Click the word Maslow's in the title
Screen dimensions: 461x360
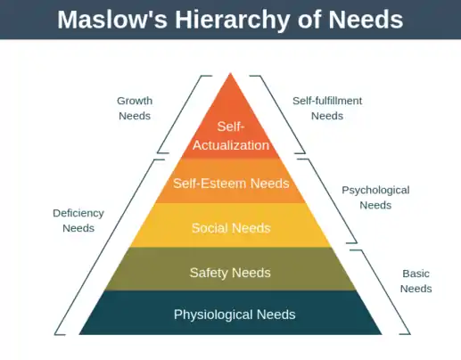point(112,20)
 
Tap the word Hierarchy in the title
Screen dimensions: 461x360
point(232,20)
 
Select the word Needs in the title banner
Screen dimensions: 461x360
point(366,20)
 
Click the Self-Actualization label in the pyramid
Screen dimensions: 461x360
point(231,135)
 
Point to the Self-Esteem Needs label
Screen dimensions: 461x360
point(231,184)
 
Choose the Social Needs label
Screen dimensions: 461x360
point(231,228)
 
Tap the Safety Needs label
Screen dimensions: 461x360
point(230,273)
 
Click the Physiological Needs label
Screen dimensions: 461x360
point(235,315)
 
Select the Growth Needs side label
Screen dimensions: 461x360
point(135,108)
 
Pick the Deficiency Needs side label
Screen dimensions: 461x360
point(78,220)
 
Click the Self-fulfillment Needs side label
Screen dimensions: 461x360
point(327,108)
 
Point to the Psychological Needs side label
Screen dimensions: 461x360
point(375,198)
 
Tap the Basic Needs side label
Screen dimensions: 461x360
point(416,281)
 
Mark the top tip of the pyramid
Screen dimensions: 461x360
point(230,73)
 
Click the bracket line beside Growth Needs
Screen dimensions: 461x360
point(179,114)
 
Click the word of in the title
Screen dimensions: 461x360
point(309,20)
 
